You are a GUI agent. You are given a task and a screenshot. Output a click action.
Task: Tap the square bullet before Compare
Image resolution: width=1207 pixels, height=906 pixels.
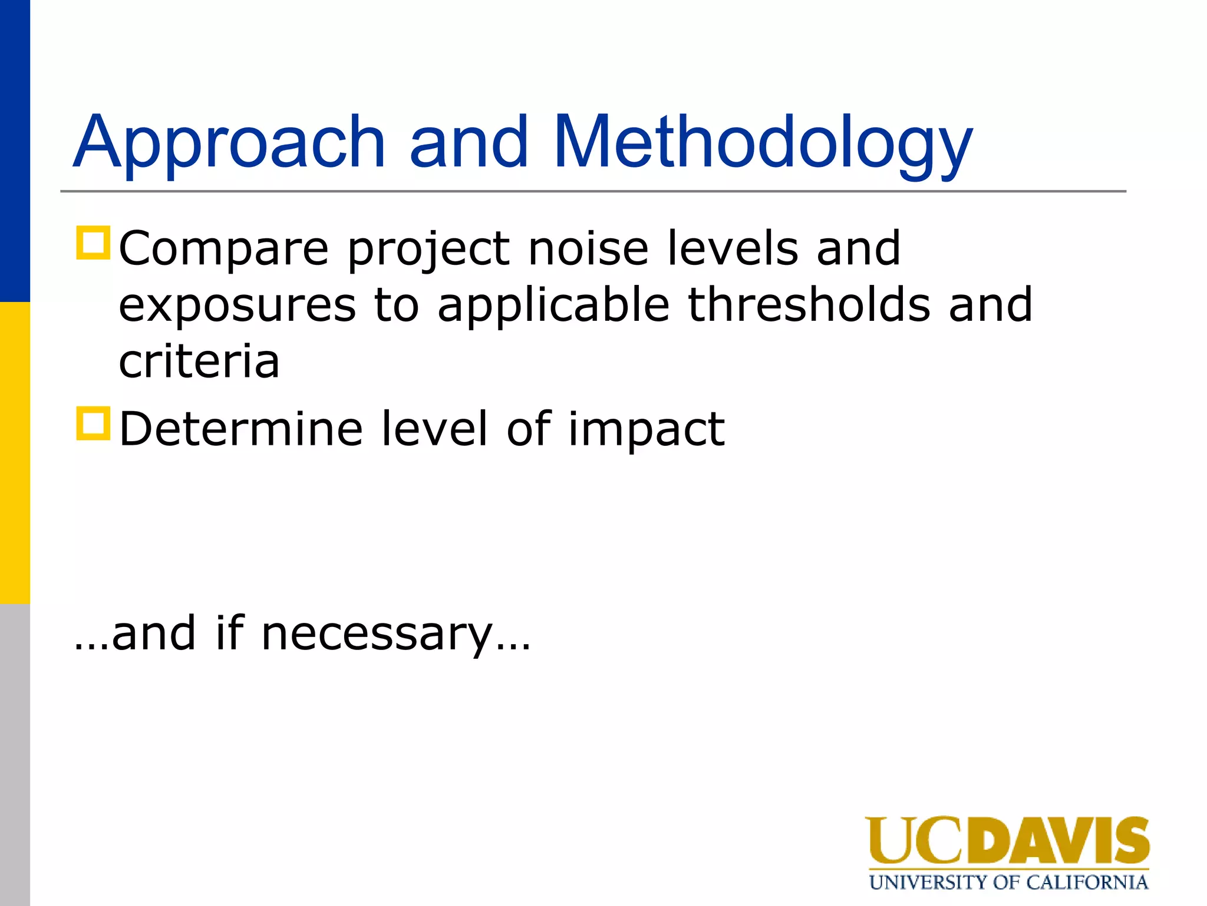click(93, 242)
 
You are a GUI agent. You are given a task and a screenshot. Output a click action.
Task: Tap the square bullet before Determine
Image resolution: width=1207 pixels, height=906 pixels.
click(93, 423)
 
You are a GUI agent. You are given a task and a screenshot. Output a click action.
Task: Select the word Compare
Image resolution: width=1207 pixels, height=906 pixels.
click(223, 250)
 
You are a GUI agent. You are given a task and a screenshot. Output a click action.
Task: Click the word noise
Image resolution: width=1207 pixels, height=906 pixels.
click(588, 248)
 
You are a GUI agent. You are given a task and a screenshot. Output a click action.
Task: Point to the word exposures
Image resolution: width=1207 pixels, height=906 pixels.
click(238, 306)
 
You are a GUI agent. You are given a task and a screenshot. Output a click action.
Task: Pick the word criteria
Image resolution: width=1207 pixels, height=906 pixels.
click(199, 361)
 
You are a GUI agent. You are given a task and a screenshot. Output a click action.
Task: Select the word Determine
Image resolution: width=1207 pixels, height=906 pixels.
click(240, 429)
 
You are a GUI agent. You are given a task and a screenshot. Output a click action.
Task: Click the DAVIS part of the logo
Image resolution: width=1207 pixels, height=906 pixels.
click(1057, 840)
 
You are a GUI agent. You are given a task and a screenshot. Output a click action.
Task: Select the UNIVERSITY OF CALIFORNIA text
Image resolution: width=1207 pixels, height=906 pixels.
click(1008, 882)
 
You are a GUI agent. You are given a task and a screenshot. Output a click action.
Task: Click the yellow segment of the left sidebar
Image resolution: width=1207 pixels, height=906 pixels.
click(15, 452)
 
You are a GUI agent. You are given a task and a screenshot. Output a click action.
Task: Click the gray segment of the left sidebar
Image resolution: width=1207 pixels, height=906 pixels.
click(15, 754)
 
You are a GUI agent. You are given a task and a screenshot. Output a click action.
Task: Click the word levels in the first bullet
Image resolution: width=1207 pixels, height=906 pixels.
click(733, 248)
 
